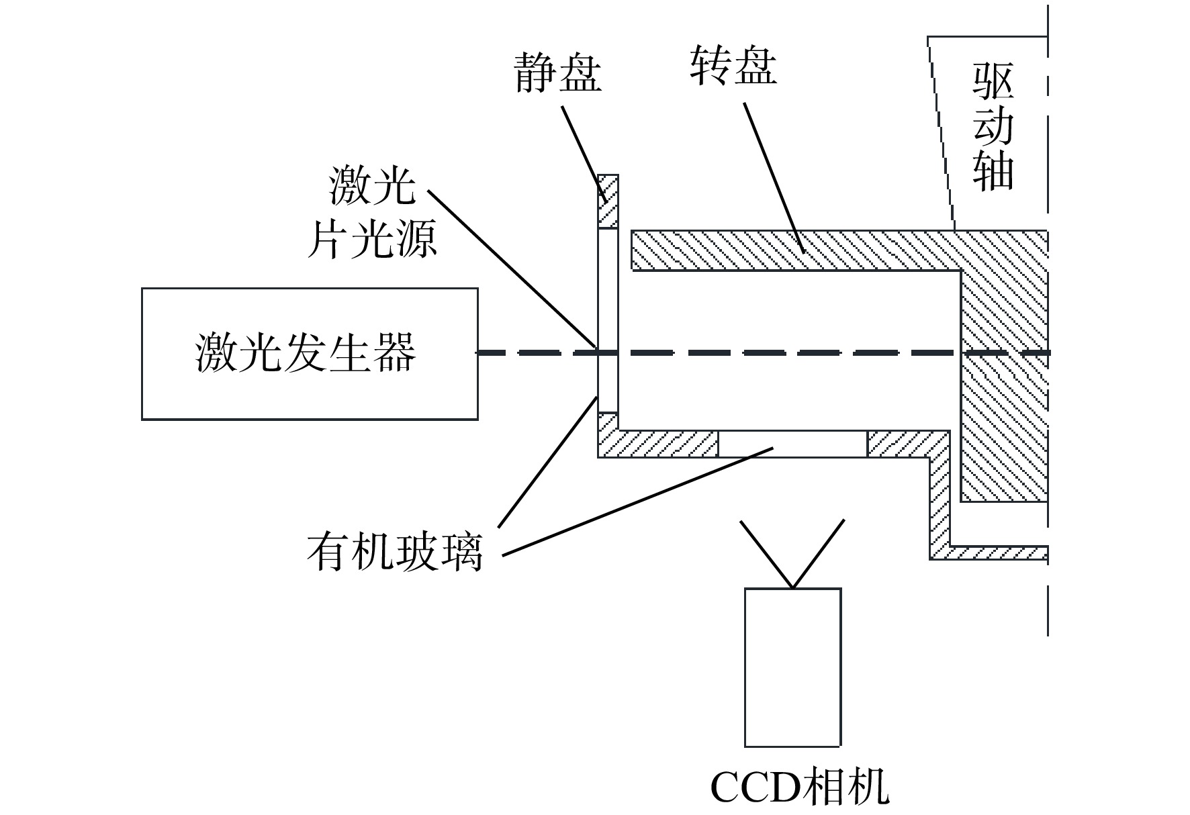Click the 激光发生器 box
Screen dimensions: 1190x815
click(310, 354)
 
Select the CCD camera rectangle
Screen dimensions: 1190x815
click(793, 667)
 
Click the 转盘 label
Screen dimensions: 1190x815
click(733, 66)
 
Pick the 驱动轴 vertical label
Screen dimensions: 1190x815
click(993, 128)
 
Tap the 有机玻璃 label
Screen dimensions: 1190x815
click(395, 553)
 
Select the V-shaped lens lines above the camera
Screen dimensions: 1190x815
click(792, 554)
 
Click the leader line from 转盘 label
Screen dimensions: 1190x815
click(774, 178)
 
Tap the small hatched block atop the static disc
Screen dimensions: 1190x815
click(608, 201)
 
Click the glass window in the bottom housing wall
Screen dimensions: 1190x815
click(793, 443)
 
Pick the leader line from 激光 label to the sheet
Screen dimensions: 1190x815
click(512, 269)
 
